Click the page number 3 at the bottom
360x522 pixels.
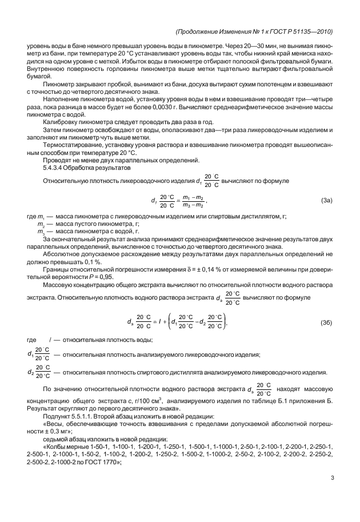(x=331, y=479)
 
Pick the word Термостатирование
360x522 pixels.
(x=73, y=145)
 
